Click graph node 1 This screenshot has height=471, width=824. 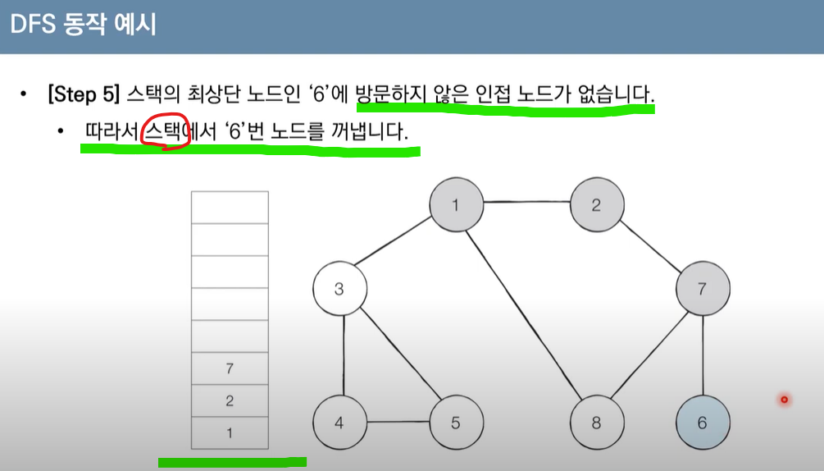click(456, 204)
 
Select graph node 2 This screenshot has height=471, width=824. click(597, 204)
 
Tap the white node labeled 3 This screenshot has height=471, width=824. click(339, 289)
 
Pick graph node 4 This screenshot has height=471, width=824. click(339, 423)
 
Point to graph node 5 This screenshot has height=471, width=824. click(456, 423)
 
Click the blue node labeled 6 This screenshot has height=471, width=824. click(702, 423)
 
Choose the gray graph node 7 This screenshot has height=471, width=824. click(702, 289)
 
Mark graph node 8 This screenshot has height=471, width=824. click(597, 423)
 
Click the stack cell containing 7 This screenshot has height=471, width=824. click(230, 368)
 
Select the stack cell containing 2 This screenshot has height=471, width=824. click(230, 400)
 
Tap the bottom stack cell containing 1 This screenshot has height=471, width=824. click(230, 432)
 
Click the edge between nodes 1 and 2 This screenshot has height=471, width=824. click(526, 203)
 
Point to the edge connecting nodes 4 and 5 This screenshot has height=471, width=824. click(398, 423)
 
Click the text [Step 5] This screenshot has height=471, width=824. click(84, 94)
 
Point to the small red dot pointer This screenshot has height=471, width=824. click(784, 400)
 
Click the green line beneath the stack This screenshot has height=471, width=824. click(232, 462)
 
